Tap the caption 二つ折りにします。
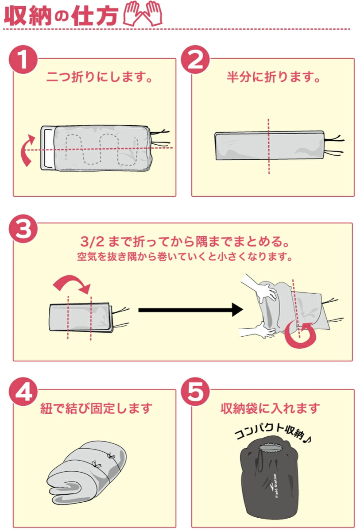tap(100, 78)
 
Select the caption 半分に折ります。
tap(273, 78)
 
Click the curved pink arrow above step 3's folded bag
tap(73, 283)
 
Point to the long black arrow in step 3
tap(190, 310)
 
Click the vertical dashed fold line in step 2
tap(268, 146)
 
